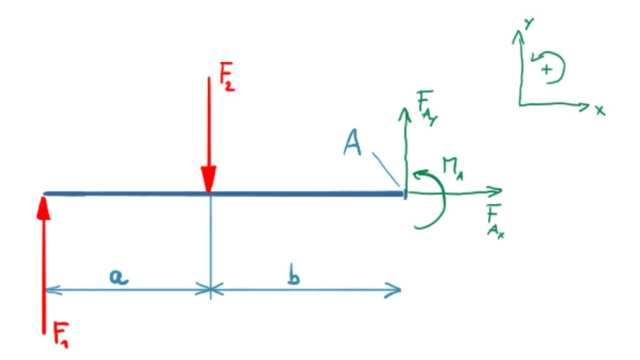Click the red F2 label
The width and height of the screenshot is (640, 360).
pyautogui.click(x=227, y=76)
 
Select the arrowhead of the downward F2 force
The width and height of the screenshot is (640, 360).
pyautogui.click(x=209, y=179)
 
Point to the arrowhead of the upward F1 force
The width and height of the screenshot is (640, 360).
pyautogui.click(x=43, y=209)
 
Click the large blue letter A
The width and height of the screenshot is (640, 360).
pyautogui.click(x=352, y=142)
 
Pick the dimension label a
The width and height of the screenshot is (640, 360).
pyautogui.click(x=119, y=277)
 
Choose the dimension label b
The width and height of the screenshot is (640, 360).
pyautogui.click(x=294, y=274)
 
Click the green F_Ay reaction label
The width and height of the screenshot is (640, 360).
pyautogui.click(x=426, y=107)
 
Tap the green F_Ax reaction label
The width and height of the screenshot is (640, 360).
pyautogui.click(x=496, y=221)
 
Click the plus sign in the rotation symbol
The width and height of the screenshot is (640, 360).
pyautogui.click(x=546, y=69)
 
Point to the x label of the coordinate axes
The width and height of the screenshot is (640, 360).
pyautogui.click(x=599, y=110)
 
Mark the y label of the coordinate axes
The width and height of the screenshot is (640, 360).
pyautogui.click(x=529, y=24)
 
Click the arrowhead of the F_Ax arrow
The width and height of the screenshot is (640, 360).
pyautogui.click(x=495, y=191)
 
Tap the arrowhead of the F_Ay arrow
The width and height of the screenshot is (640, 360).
pyautogui.click(x=404, y=114)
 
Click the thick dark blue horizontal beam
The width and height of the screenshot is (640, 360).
pyautogui.click(x=224, y=194)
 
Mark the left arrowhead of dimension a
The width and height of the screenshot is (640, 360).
pyautogui.click(x=53, y=290)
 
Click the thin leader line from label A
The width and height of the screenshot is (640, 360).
pyautogui.click(x=385, y=169)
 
